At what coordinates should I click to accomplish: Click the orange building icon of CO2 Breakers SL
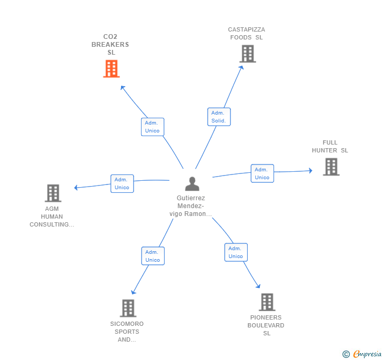pyautogui.click(x=111, y=69)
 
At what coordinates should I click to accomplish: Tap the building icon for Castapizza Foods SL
pyautogui.click(x=247, y=54)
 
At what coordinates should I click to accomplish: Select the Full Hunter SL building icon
pyautogui.click(x=331, y=167)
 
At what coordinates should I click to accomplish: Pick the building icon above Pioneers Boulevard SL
pyautogui.click(x=267, y=302)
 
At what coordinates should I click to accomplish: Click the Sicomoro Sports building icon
pyautogui.click(x=128, y=308)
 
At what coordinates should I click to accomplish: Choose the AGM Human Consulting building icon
pyautogui.click(x=53, y=193)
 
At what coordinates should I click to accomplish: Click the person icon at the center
pyautogui.click(x=192, y=184)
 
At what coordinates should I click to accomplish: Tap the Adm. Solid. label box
pyautogui.click(x=219, y=117)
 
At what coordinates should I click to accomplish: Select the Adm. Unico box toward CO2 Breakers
pyautogui.click(x=153, y=127)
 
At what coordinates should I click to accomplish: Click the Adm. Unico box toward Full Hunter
pyautogui.click(x=262, y=173)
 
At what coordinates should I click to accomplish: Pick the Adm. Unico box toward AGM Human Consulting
pyautogui.click(x=122, y=183)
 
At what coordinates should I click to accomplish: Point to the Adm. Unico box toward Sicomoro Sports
pyautogui.click(x=153, y=256)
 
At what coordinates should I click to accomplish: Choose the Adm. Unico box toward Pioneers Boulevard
pyautogui.click(x=236, y=252)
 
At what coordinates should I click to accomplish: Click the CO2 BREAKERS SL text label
pyautogui.click(x=110, y=45)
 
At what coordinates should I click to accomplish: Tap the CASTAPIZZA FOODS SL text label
pyautogui.click(x=246, y=34)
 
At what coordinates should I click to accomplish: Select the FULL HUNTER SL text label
pyautogui.click(x=330, y=146)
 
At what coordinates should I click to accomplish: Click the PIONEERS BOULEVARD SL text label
pyautogui.click(x=266, y=325)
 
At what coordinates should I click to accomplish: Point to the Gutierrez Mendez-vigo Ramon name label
pyautogui.click(x=190, y=206)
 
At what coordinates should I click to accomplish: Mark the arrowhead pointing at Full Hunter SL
pyautogui.click(x=310, y=170)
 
